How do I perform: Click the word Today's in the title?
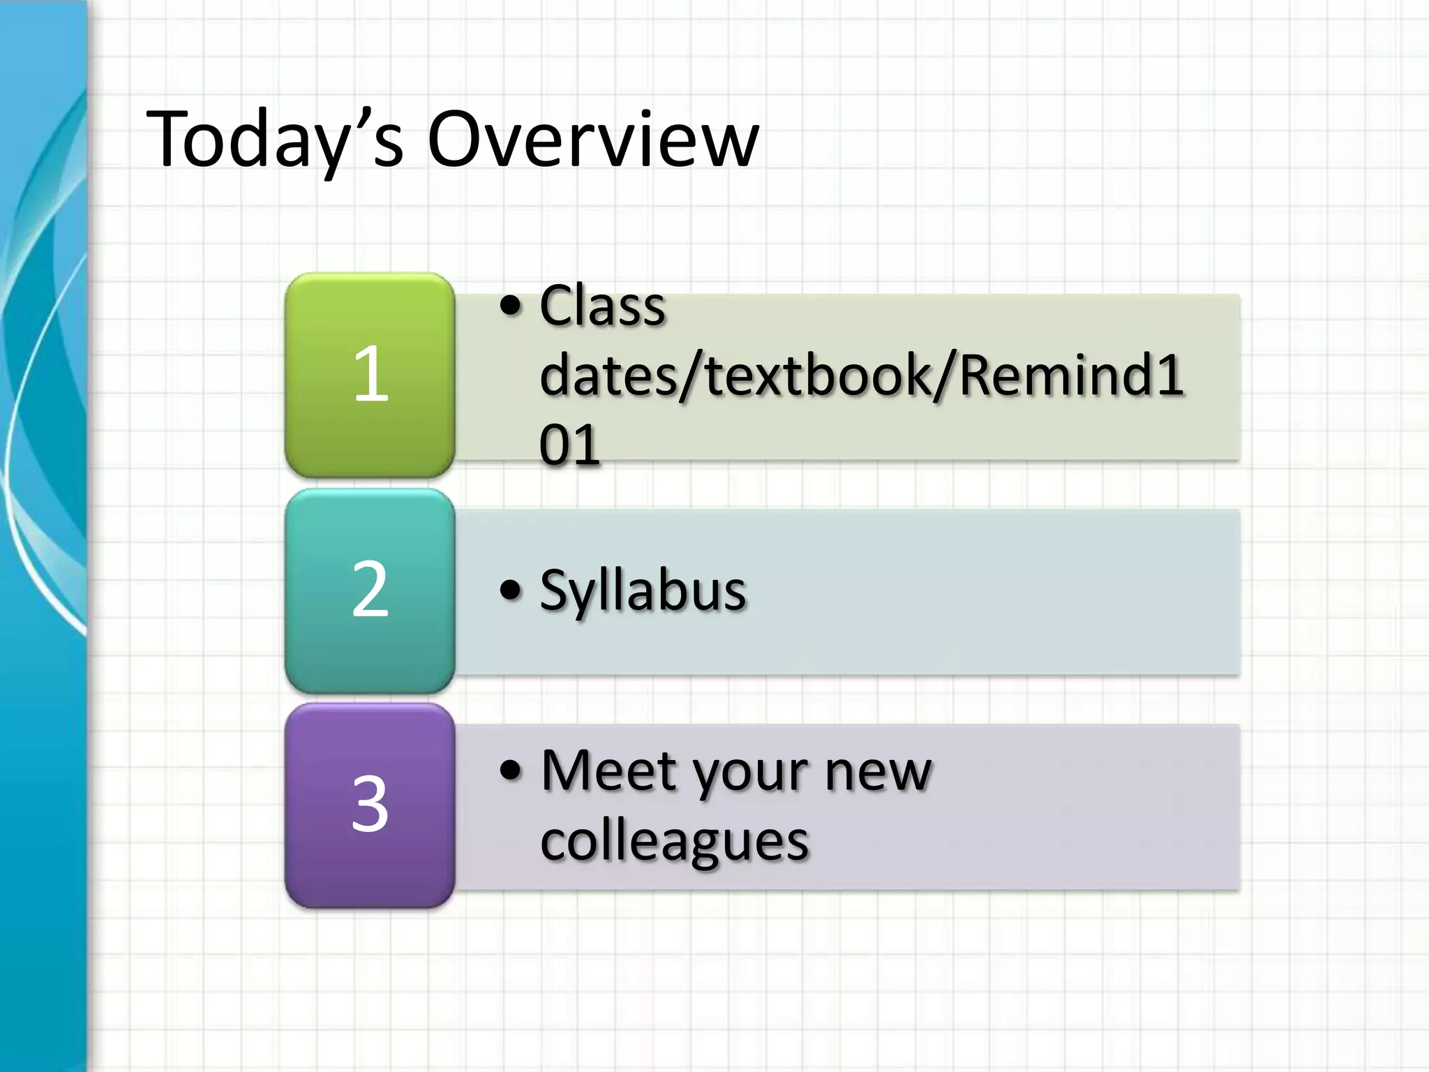click(274, 140)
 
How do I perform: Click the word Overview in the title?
click(592, 140)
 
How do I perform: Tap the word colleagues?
click(674, 841)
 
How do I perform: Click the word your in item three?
click(751, 775)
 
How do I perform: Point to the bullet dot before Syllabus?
click(511, 590)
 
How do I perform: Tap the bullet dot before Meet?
click(511, 770)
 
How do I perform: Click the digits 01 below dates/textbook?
click(569, 445)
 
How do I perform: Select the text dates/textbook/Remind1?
click(861, 375)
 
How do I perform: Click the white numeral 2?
click(370, 590)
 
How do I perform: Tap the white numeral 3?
click(370, 804)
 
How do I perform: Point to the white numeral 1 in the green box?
click(371, 374)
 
